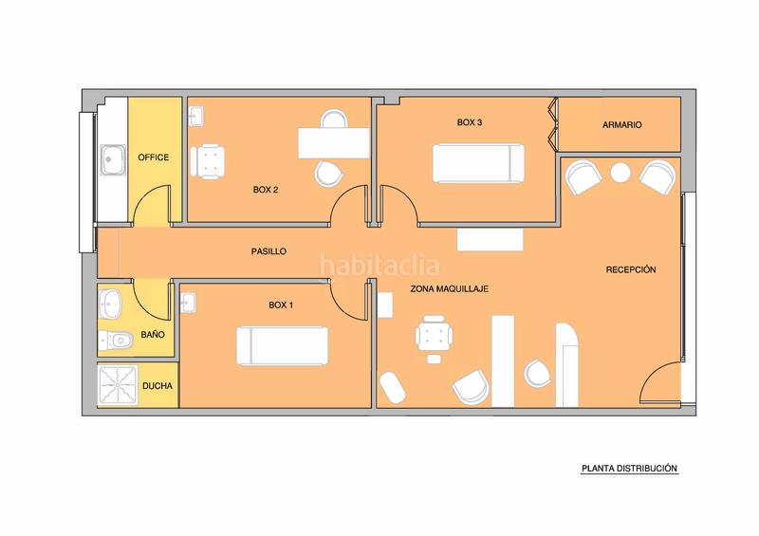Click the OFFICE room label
(154, 157)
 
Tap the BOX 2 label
(266, 190)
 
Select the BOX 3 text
(470, 122)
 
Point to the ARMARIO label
(622, 125)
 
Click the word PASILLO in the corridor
(268, 251)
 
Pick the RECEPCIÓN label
(631, 269)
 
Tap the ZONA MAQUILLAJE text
(449, 288)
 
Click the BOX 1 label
(281, 305)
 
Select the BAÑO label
(153, 335)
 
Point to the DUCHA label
(157, 386)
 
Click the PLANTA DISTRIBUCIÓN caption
(629, 469)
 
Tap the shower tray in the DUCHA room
(118, 385)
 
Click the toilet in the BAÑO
(116, 341)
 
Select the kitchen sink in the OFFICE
(113, 159)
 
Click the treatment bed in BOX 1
(282, 345)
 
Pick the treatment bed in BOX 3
(478, 163)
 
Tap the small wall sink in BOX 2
(195, 116)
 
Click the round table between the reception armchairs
(620, 173)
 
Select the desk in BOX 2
(334, 143)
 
